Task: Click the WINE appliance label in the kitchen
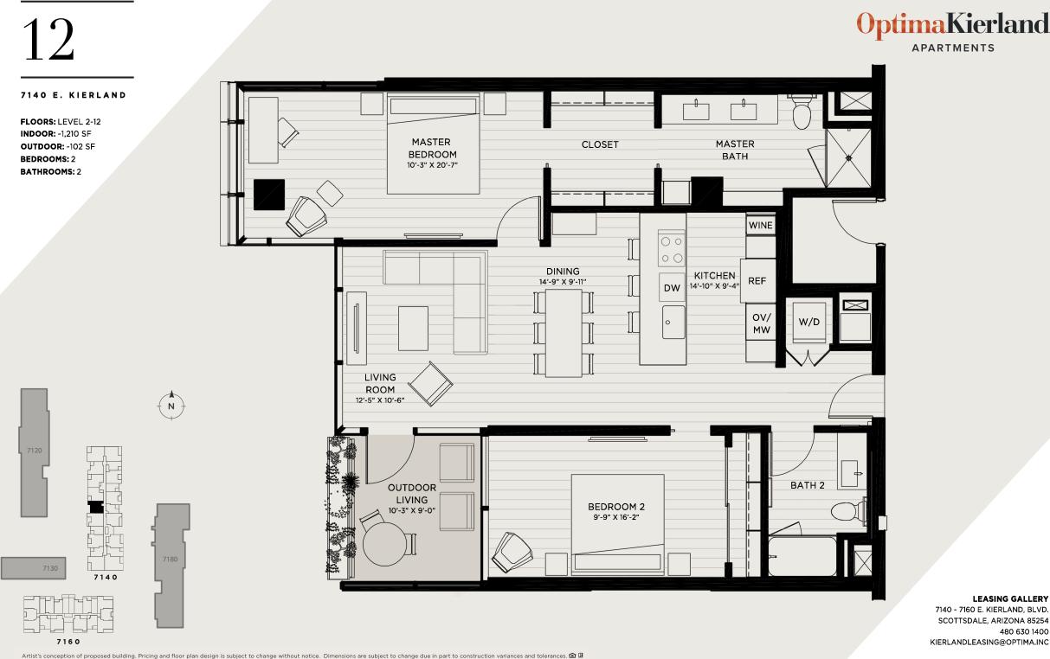tap(760, 225)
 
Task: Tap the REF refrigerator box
tap(757, 281)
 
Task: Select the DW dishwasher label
tap(672, 288)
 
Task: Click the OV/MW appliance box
tap(761, 323)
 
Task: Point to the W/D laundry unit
tap(808, 322)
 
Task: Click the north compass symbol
tap(171, 405)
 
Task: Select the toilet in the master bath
tap(802, 112)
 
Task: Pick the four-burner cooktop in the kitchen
tap(672, 249)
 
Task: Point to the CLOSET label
tap(600, 144)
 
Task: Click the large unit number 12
tap(48, 40)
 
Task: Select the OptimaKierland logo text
tap(952, 24)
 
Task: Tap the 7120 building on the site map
tap(35, 451)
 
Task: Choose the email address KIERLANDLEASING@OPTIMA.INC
tap(989, 643)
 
